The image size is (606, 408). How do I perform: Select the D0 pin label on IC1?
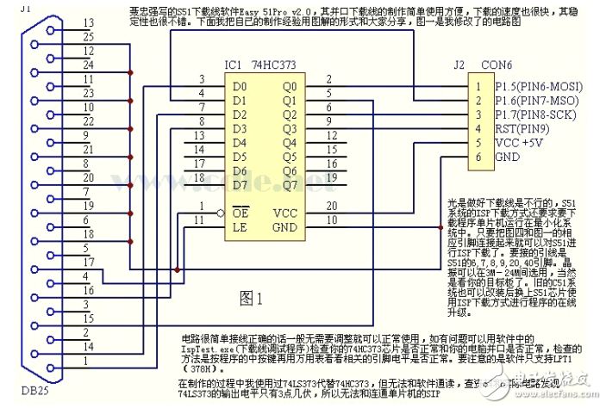(239, 86)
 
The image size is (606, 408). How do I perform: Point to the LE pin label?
(239, 226)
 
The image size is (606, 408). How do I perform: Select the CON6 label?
(495, 64)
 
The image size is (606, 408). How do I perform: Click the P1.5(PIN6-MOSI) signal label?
(538, 86)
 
